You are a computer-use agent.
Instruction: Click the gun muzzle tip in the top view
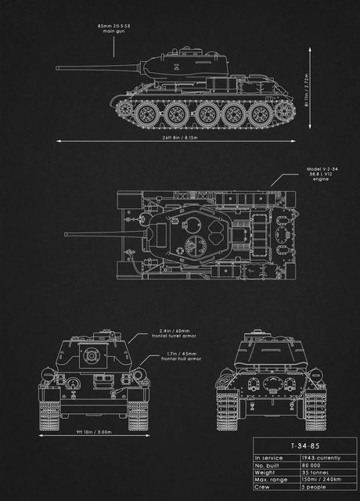(x=66, y=233)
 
